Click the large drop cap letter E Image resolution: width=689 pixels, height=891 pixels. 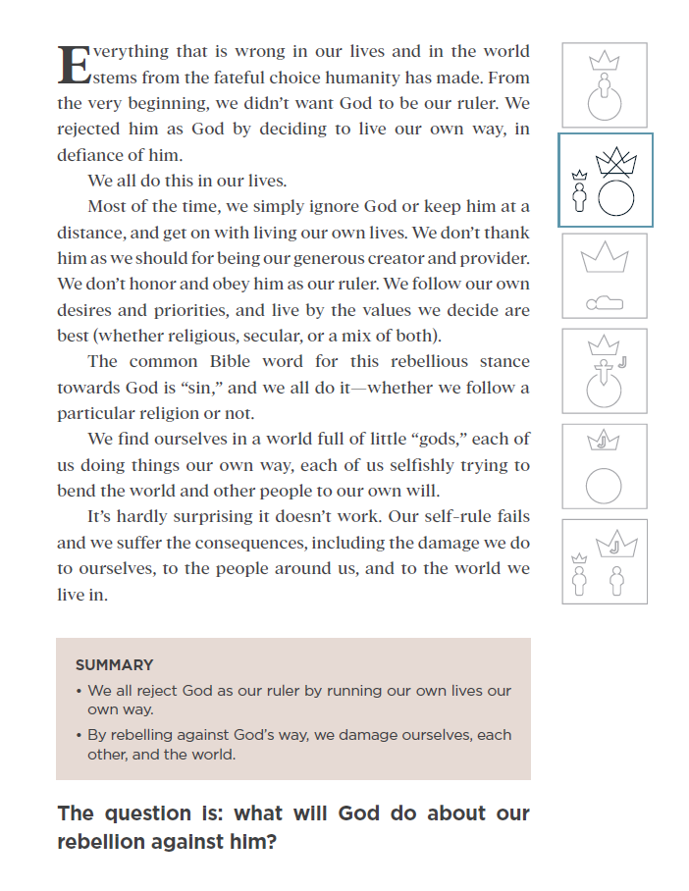pyautogui.click(x=75, y=64)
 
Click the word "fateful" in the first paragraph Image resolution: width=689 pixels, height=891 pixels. pyautogui.click(x=239, y=78)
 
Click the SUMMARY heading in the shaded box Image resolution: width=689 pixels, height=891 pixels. pyautogui.click(x=114, y=665)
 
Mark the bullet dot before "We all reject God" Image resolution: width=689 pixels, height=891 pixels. pyautogui.click(x=79, y=691)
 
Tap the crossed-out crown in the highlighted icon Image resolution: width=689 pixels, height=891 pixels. pyautogui.click(x=616, y=162)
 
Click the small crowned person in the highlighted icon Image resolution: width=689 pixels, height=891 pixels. pyautogui.click(x=579, y=192)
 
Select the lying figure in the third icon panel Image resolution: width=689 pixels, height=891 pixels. pyautogui.click(x=604, y=302)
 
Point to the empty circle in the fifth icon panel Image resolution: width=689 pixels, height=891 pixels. pyautogui.click(x=604, y=486)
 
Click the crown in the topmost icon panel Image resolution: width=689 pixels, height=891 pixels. pyautogui.click(x=605, y=61)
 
